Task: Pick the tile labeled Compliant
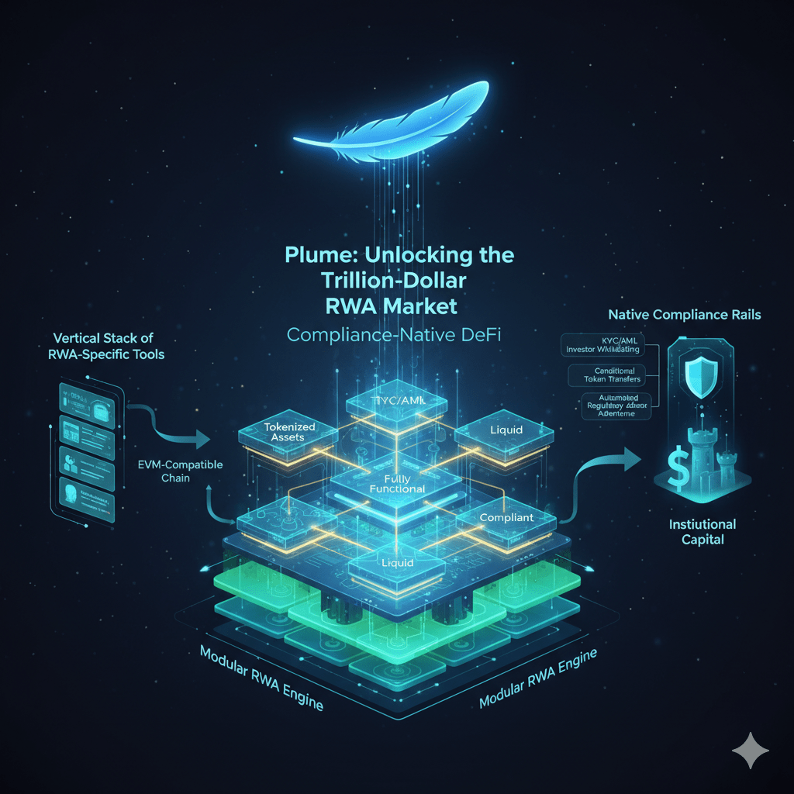click(x=506, y=517)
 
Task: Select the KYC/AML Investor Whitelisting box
click(x=608, y=345)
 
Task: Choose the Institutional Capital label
click(x=702, y=531)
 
